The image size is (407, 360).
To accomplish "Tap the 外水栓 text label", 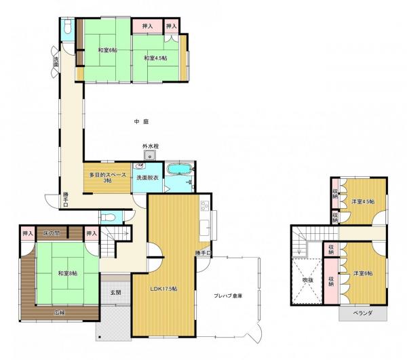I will coord(150,146).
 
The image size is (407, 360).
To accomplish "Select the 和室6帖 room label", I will coord(106,50).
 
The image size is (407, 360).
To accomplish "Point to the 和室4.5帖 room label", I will coord(155,58).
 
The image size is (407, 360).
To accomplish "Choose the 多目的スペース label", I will coord(107,178).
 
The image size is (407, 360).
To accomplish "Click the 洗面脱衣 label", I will coord(147,178).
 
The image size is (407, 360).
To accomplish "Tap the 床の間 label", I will coord(52,234).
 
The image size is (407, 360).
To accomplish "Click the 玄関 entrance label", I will coord(115,293).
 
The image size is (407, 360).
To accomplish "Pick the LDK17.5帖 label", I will coord(163,289).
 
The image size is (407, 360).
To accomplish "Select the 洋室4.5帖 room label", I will coord(363,201).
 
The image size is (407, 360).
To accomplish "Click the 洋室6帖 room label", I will coord(364,273).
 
